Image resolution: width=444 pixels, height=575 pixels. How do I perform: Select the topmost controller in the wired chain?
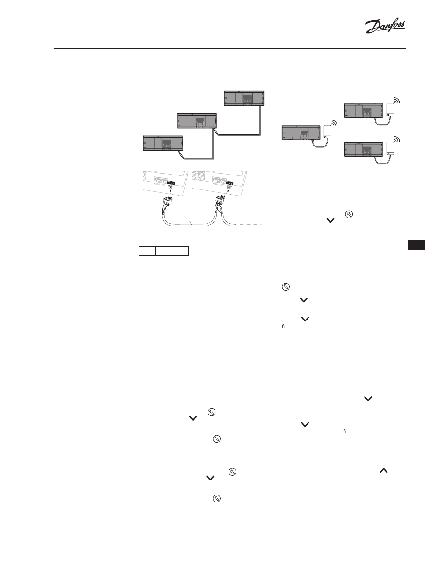pyautogui.click(x=245, y=99)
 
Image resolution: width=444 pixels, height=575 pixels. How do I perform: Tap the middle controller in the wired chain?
pyautogui.click(x=196, y=121)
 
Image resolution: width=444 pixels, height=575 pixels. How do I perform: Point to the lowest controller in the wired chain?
pyautogui.click(x=162, y=143)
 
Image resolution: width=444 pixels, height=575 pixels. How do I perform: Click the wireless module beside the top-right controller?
pyautogui.click(x=391, y=109)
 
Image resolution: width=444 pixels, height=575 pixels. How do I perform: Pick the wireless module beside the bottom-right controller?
pyautogui.click(x=391, y=148)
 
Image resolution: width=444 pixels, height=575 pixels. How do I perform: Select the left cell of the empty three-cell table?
pyautogui.click(x=147, y=251)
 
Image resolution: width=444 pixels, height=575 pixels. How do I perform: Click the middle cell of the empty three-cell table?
pyautogui.click(x=164, y=251)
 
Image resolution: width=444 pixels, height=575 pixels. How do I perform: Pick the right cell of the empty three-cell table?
pyautogui.click(x=180, y=251)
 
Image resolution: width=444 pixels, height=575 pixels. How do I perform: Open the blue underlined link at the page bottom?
pyautogui.click(x=72, y=571)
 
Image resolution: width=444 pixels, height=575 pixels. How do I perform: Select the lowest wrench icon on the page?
pyautogui.click(x=216, y=499)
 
